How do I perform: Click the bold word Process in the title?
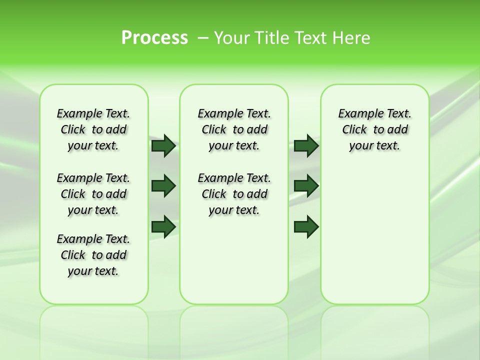154,38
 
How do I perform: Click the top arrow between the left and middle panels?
163,145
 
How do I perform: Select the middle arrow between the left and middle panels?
163,186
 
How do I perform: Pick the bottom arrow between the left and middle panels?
163,227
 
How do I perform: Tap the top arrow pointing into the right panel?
306,145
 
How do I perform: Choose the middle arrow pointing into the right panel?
306,186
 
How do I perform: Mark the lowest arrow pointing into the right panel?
306,227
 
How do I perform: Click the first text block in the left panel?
93,129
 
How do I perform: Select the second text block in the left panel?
93,194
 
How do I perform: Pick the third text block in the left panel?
93,255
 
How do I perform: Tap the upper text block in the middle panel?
234,129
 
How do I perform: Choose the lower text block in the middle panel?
234,194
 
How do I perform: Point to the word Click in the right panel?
354,130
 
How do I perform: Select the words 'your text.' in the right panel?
374,146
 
